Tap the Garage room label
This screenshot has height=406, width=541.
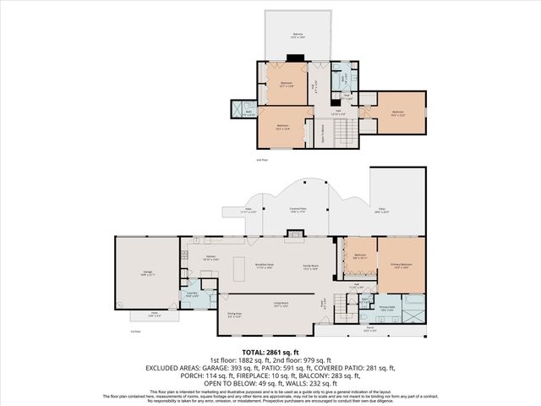(147, 272)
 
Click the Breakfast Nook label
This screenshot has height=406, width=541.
(265, 264)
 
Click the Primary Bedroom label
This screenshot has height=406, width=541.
(401, 266)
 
